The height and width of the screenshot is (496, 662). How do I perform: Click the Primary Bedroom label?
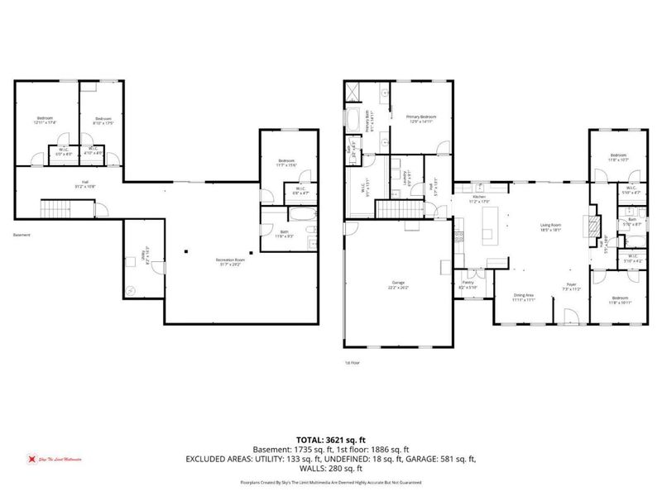tap(420, 118)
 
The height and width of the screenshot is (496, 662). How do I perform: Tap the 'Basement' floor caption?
tap(22, 235)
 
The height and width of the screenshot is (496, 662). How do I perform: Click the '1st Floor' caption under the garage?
tap(353, 362)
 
